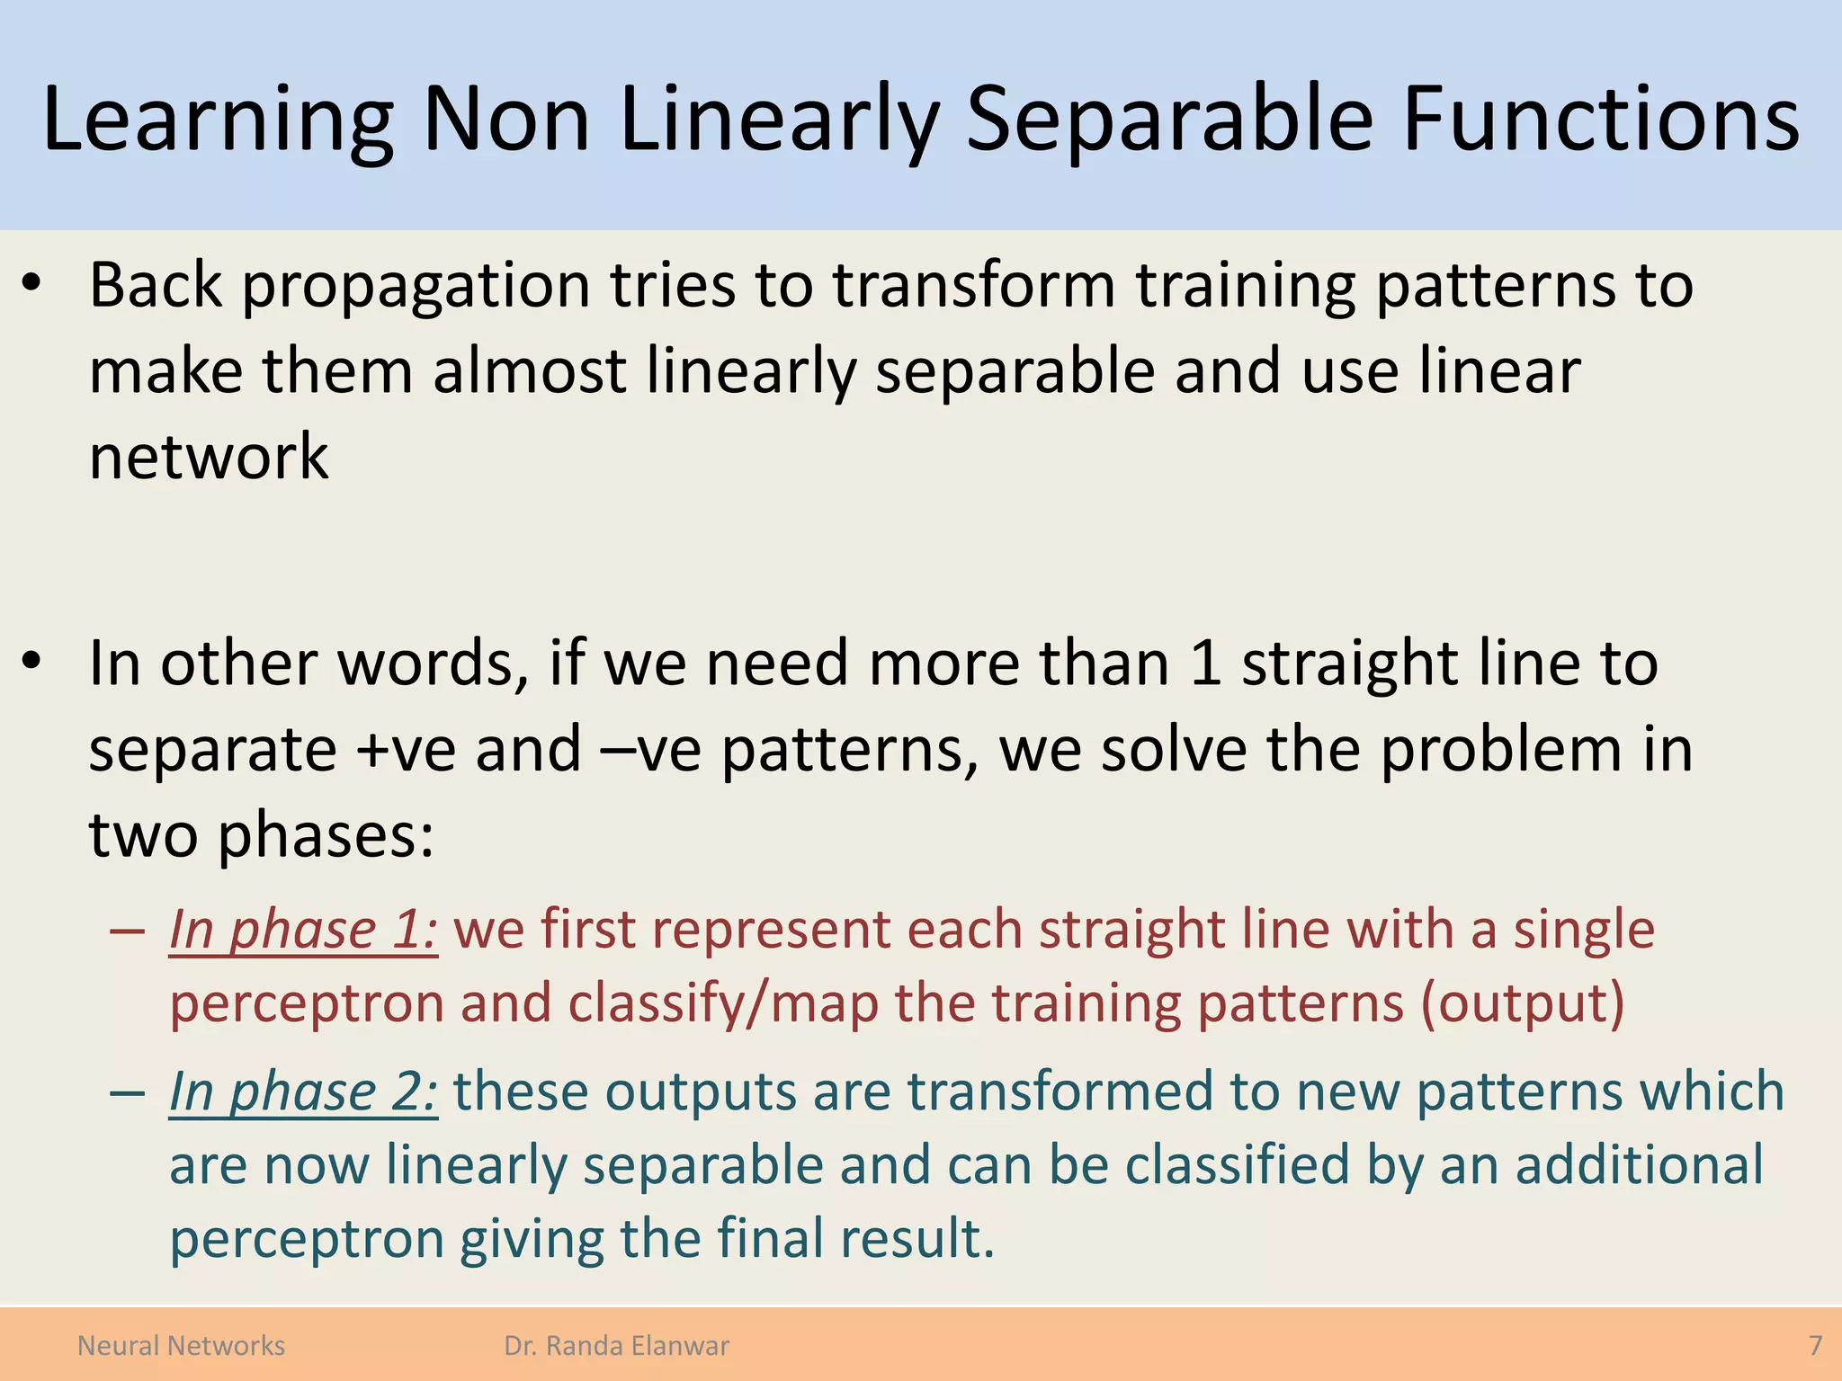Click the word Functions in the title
[1601, 119]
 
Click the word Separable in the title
[1169, 119]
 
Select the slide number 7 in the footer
[1815, 1345]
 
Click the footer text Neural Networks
[181, 1345]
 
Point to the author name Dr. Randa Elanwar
[616, 1345]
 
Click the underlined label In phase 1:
[303, 929]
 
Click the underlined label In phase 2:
[303, 1091]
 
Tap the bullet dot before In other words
[32, 662]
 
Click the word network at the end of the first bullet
[209, 456]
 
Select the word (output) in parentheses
[1522, 1003]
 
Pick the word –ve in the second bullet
[651, 749]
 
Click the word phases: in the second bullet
[326, 836]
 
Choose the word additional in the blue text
[1639, 1165]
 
